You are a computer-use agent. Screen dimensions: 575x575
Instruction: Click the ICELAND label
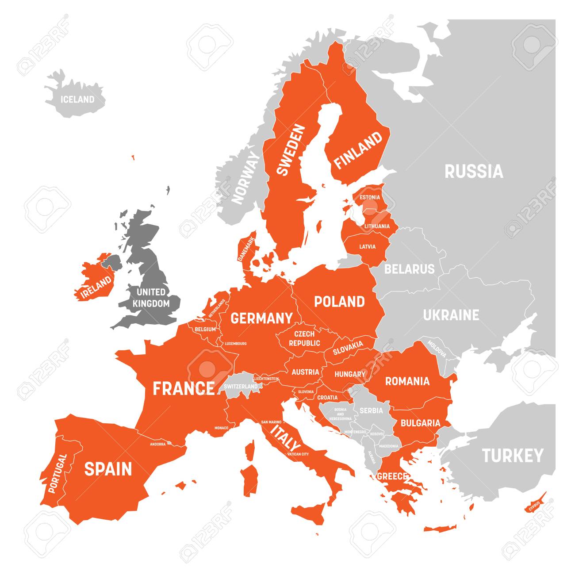(x=77, y=100)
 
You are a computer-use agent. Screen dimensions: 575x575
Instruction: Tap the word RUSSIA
(x=474, y=171)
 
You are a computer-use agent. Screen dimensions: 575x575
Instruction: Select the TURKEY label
(x=512, y=456)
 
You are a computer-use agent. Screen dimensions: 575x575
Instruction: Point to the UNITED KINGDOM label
(x=151, y=298)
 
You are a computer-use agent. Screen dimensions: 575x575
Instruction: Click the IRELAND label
(x=95, y=287)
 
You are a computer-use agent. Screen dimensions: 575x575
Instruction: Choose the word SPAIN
(x=108, y=469)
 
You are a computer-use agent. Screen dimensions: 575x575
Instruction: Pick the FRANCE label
(x=183, y=389)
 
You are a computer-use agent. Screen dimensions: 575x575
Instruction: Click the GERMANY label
(x=261, y=318)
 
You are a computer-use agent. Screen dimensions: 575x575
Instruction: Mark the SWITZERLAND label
(x=241, y=386)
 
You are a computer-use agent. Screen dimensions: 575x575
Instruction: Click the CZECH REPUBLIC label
(x=304, y=338)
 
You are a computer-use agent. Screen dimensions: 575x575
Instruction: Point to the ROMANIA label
(x=407, y=381)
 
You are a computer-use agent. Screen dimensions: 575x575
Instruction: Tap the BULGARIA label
(x=420, y=423)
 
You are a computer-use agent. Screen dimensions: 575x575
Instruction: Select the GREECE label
(x=392, y=476)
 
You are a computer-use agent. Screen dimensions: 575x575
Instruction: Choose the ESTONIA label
(x=369, y=197)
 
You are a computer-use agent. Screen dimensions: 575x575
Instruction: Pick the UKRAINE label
(x=451, y=315)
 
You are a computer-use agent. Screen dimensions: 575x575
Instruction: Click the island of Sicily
(x=310, y=513)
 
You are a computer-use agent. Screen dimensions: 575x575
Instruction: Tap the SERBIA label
(x=371, y=410)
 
